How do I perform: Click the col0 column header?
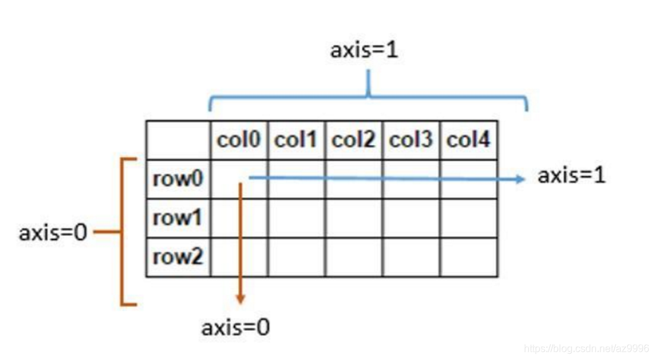tap(239, 140)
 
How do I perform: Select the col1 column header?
tap(296, 140)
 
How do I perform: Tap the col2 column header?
tap(353, 140)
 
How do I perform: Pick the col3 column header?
tap(411, 140)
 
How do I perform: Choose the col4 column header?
tap(468, 140)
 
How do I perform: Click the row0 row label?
tap(177, 179)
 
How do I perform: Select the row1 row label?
tap(177, 218)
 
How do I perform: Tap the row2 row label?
tap(177, 257)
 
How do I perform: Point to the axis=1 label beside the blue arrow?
tap(571, 176)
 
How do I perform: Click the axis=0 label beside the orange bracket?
tap(53, 233)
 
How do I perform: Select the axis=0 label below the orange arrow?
tap(235, 328)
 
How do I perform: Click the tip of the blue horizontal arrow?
tap(523, 179)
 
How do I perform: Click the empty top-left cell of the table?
tap(178, 140)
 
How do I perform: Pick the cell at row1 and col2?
tap(353, 218)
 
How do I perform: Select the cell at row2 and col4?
tap(468, 257)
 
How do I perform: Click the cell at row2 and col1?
tap(296, 257)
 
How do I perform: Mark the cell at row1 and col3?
tap(411, 218)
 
